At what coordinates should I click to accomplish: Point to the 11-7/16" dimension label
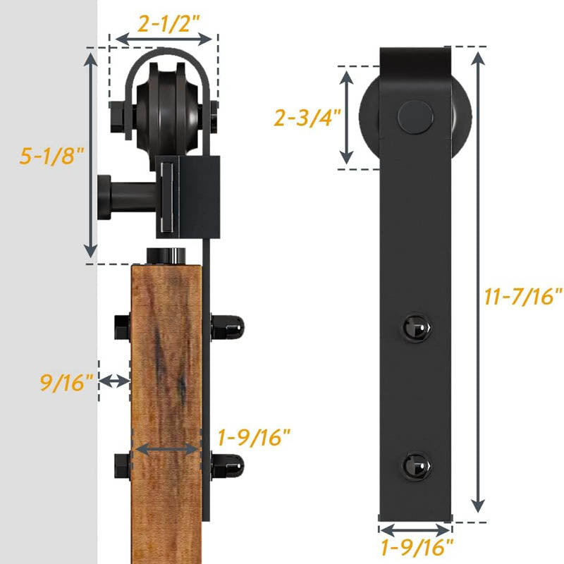click(523, 296)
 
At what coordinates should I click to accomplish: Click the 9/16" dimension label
click(66, 383)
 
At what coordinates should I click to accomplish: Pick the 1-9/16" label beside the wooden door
click(255, 438)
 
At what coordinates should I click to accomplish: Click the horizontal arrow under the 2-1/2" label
click(164, 39)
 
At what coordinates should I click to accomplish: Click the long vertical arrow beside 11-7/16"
click(478, 281)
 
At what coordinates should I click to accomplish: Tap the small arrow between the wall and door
click(115, 381)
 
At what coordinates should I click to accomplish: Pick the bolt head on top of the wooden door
click(166, 255)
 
